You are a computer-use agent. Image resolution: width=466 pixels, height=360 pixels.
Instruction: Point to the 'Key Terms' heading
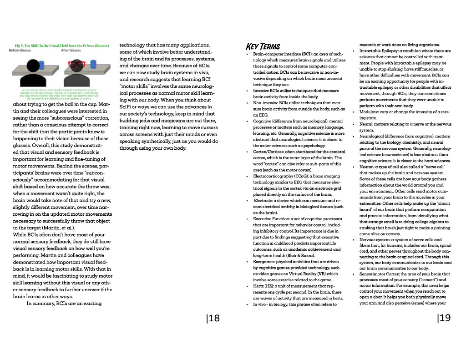click(263, 46)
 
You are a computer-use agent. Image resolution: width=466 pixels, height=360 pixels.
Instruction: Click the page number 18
click(213, 318)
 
